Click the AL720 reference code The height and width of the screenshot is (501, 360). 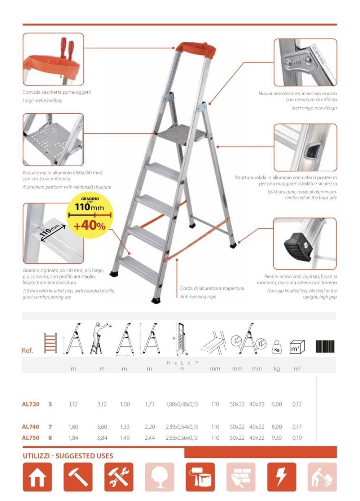(x=31, y=404)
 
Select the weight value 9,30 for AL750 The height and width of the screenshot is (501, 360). (x=277, y=438)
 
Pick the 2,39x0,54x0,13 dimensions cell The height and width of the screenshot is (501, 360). (x=182, y=427)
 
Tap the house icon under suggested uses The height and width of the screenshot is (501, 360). (x=37, y=477)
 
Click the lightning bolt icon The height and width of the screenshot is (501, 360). (x=281, y=477)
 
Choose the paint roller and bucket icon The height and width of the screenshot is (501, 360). (x=200, y=477)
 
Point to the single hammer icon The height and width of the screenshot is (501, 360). (x=78, y=477)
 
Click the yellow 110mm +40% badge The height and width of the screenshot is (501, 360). (x=90, y=215)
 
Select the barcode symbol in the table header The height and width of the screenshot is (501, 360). (x=325, y=346)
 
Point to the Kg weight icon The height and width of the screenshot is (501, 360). (x=277, y=347)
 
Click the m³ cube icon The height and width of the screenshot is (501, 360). (x=297, y=347)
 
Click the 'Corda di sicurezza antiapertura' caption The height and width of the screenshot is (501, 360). (x=212, y=289)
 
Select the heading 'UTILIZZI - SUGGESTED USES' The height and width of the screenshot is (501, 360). (x=68, y=456)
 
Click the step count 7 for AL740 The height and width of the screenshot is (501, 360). (x=50, y=427)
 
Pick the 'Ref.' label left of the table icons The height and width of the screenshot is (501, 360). (x=27, y=351)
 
